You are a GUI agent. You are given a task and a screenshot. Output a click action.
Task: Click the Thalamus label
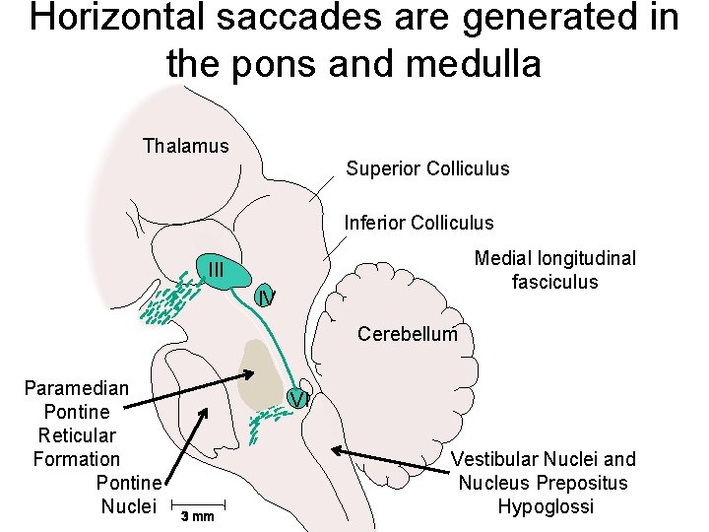pos(185,146)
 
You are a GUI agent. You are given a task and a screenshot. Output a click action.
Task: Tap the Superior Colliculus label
pos(427,168)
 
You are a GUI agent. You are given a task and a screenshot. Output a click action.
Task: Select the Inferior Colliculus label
pos(419,223)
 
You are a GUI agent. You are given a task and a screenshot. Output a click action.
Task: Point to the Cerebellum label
pos(407,334)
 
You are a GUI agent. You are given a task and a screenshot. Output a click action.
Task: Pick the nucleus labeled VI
pos(299,399)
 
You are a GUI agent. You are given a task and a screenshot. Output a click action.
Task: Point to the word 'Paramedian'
pos(76,387)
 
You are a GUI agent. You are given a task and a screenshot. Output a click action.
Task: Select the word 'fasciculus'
pos(554,282)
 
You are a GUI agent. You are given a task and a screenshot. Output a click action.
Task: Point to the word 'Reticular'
pos(77,434)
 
